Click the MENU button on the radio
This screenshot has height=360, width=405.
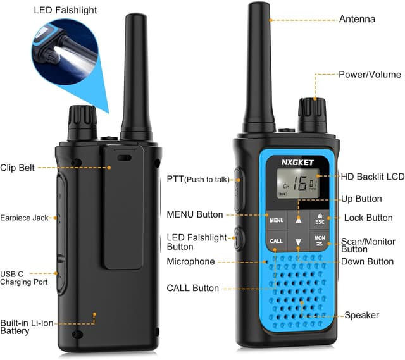[277, 220]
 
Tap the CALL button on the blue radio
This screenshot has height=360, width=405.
[277, 241]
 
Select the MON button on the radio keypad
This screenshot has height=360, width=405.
[320, 241]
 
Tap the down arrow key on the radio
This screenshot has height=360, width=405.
[299, 242]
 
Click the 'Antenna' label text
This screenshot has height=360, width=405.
[357, 19]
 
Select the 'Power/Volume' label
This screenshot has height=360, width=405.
[370, 74]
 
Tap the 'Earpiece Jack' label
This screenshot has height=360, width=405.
[24, 218]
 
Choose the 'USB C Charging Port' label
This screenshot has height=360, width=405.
[24, 278]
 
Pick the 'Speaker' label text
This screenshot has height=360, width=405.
[361, 315]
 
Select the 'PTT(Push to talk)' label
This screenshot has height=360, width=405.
[198, 180]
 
